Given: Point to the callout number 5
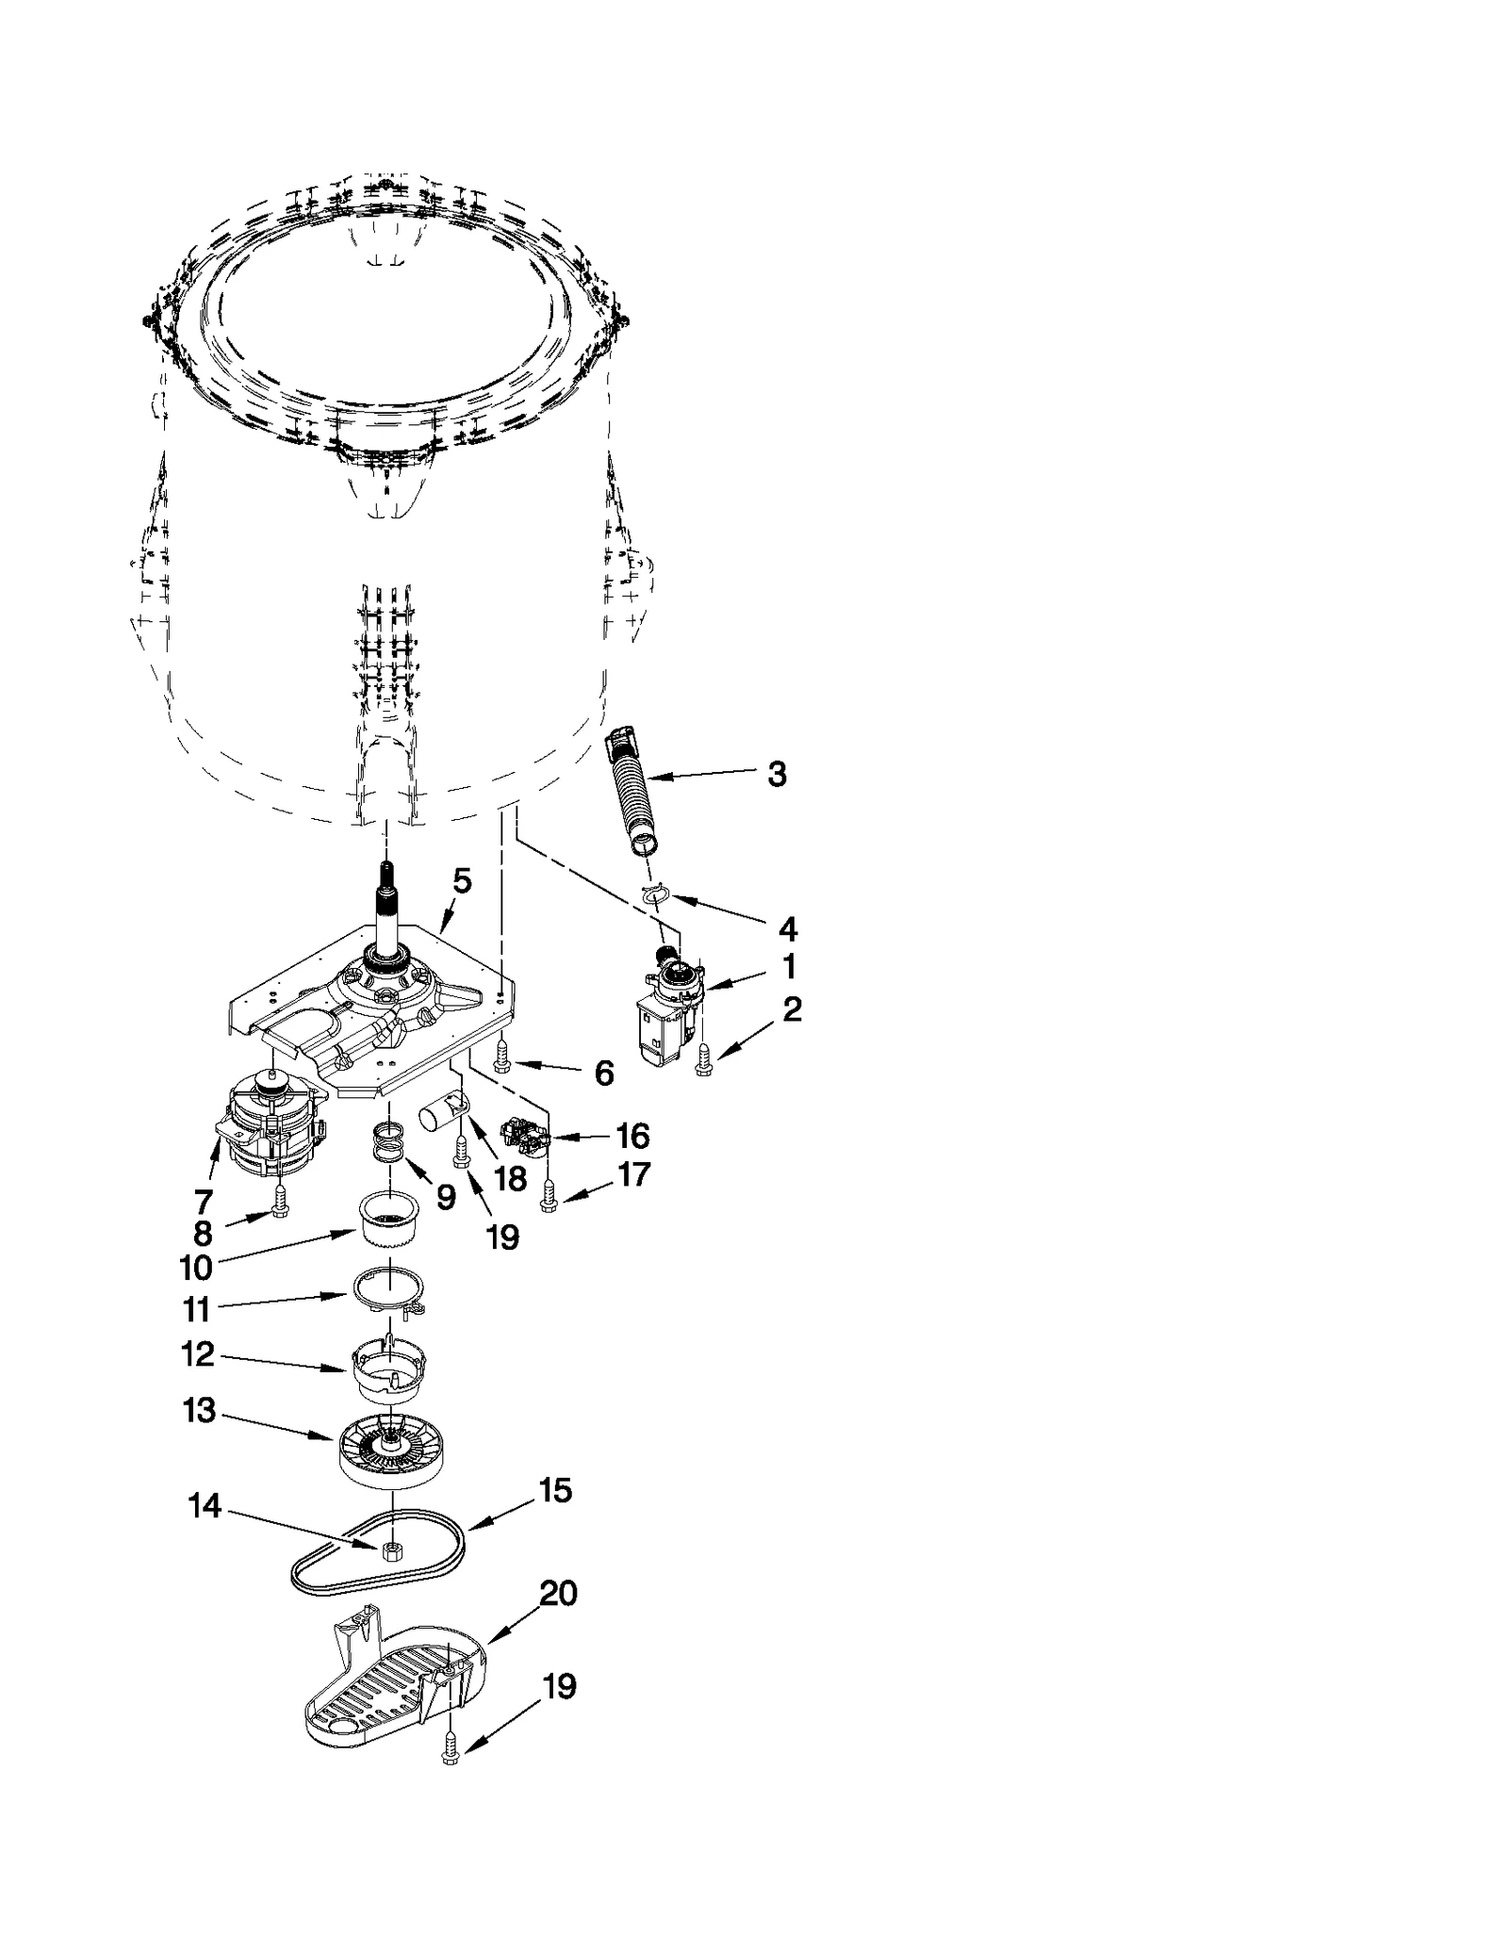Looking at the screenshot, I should pyautogui.click(x=461, y=881).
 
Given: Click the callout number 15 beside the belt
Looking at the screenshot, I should pyautogui.click(x=554, y=1492).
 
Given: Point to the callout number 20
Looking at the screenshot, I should pyautogui.click(x=557, y=1595).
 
